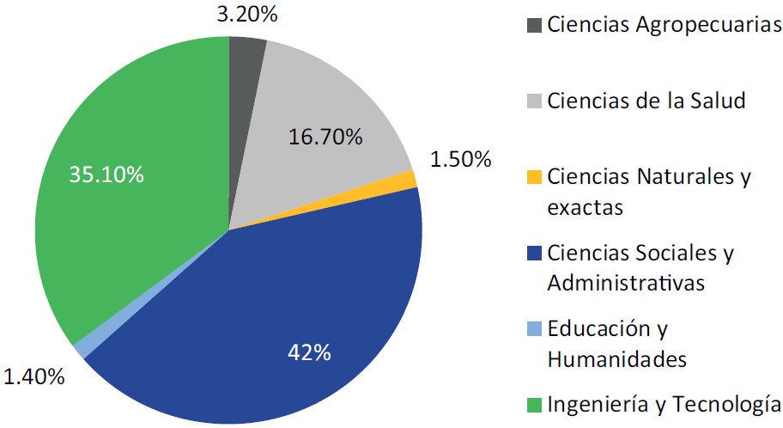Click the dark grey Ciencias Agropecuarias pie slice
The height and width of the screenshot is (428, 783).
[x=245, y=69]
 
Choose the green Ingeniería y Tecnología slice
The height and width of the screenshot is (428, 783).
[x=129, y=189]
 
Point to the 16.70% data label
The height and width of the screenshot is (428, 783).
[x=325, y=137]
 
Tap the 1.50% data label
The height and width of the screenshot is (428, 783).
[x=460, y=159]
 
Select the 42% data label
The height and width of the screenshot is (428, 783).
[x=310, y=352]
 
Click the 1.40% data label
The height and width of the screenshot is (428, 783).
[x=34, y=376]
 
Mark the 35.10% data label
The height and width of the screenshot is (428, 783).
[x=106, y=174]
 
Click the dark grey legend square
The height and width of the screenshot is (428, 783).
[x=534, y=25]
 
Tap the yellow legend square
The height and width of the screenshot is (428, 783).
[x=534, y=178]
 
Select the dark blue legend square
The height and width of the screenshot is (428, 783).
[x=534, y=254]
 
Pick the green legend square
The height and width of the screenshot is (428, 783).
[x=534, y=404]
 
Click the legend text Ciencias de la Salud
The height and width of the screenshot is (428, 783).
[x=646, y=101]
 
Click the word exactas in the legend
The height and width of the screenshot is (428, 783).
[x=584, y=207]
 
